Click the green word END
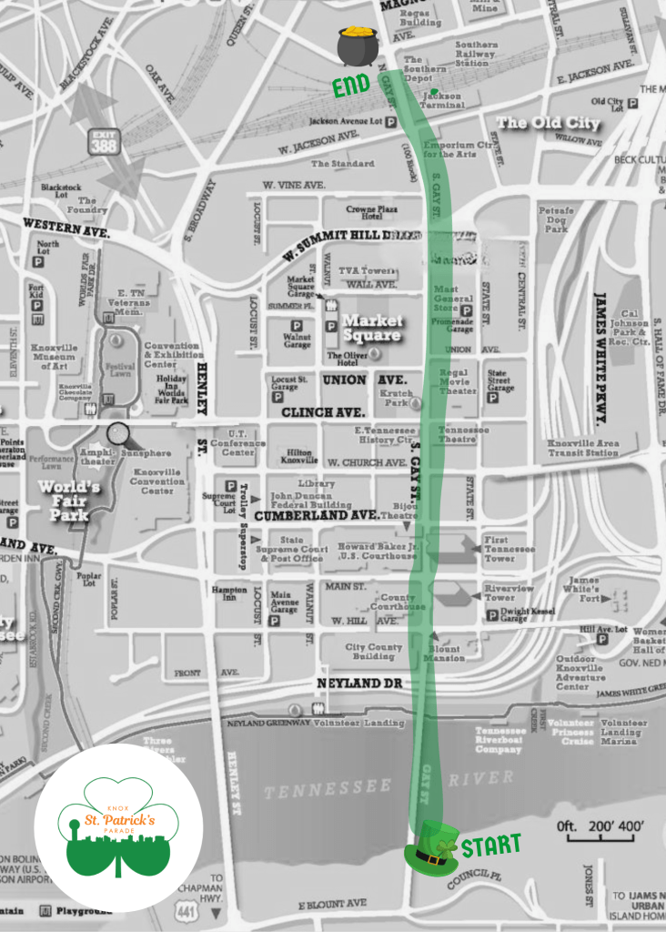pyautogui.click(x=350, y=86)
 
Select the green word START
pyautogui.click(x=490, y=846)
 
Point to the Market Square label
pyautogui.click(x=371, y=329)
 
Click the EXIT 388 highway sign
pyautogui.click(x=105, y=141)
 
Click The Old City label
pyautogui.click(x=548, y=124)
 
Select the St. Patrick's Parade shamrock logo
pyautogui.click(x=119, y=827)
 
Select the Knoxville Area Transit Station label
pyautogui.click(x=583, y=447)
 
